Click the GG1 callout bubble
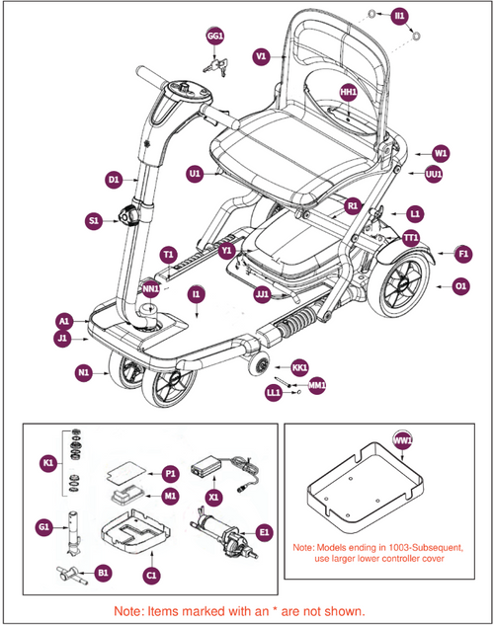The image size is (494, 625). tap(214, 37)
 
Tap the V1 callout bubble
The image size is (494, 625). tap(262, 57)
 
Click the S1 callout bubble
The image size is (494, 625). tap(94, 222)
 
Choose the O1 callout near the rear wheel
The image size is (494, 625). tap(459, 286)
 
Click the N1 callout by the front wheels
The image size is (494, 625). tap(84, 373)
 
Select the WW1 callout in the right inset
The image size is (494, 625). tap(402, 439)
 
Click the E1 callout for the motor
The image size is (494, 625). tap(264, 531)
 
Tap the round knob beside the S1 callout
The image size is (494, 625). tap(128, 215)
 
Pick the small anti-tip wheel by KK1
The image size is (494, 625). tap(263, 365)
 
